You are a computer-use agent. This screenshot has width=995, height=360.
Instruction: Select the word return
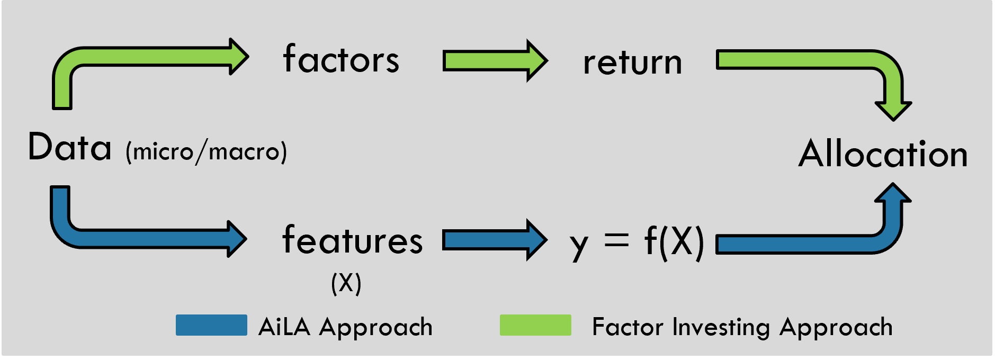(632, 62)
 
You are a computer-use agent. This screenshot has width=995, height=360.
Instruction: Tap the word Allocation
(883, 154)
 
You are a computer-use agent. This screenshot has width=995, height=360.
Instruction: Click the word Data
(70, 147)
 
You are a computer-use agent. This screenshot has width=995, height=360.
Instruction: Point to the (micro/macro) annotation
(207, 152)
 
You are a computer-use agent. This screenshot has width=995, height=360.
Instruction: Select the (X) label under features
(346, 283)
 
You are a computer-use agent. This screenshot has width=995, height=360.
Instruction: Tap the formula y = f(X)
(637, 242)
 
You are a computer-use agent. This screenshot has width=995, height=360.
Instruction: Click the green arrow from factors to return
(495, 61)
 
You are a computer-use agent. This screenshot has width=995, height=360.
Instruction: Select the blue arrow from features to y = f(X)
(495, 240)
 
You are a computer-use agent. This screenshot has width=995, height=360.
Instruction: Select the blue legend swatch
(211, 325)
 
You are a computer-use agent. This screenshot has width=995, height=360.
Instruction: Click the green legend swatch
(535, 325)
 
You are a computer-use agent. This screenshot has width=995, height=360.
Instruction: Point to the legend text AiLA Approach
(345, 327)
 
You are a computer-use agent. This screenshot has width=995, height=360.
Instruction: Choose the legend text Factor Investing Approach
(742, 327)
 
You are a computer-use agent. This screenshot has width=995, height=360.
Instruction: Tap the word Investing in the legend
(722, 327)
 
